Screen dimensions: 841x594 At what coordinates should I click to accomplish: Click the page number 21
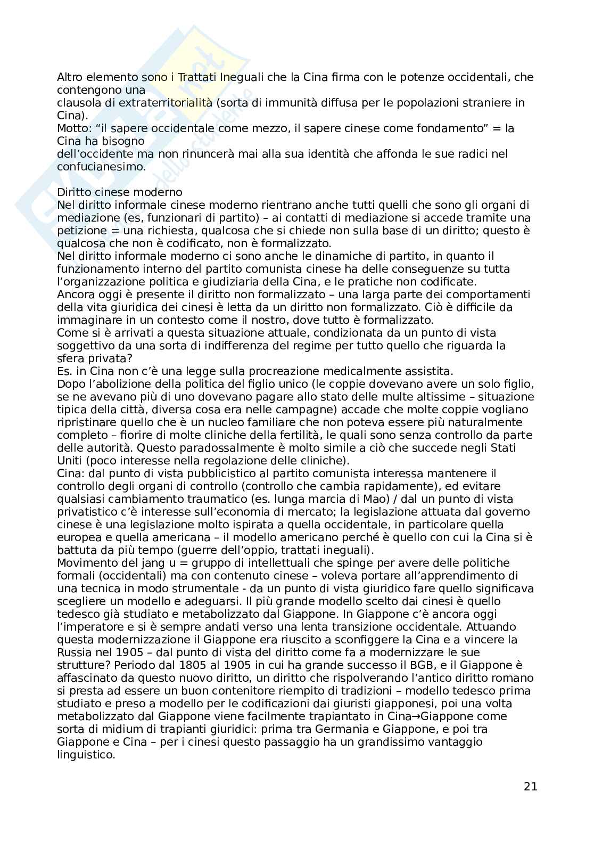click(530, 786)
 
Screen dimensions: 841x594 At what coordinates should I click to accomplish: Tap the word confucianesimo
click(100, 167)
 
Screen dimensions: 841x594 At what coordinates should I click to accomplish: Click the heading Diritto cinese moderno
click(120, 192)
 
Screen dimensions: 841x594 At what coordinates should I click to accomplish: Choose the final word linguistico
click(85, 755)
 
